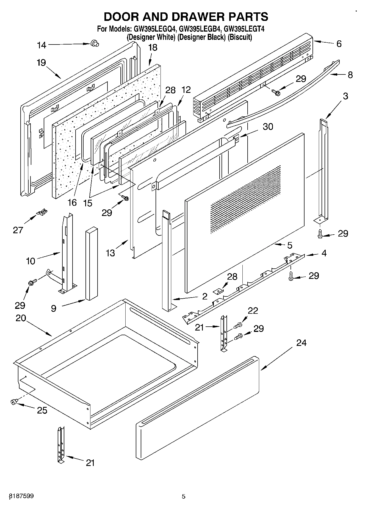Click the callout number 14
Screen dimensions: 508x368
(x=42, y=45)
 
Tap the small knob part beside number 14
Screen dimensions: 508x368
(x=95, y=43)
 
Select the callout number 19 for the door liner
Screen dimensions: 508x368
(x=41, y=63)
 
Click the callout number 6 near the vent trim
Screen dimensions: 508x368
(x=339, y=44)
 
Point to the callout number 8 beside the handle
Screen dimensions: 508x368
(x=350, y=75)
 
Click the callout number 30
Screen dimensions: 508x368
(x=268, y=127)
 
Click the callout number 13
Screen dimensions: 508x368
(x=110, y=253)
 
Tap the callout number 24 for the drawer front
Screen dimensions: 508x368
(x=301, y=343)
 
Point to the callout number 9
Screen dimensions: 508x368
(x=54, y=308)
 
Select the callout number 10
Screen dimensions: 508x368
(x=31, y=261)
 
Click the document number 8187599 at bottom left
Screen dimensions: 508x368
(x=22, y=496)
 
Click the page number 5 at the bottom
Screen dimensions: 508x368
(x=184, y=496)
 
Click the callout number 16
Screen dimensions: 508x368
(x=72, y=203)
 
